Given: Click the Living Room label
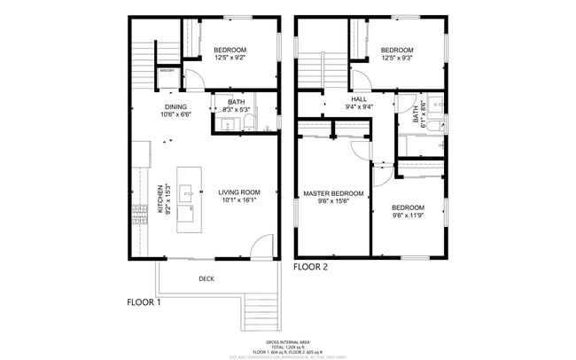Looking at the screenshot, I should [239, 192].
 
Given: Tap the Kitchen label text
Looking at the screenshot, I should [160, 199].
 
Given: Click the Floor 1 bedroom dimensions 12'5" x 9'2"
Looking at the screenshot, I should [230, 58].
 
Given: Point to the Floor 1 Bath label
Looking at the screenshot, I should [236, 102].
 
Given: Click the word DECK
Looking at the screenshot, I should [206, 278].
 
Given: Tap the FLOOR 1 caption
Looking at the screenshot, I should [144, 302].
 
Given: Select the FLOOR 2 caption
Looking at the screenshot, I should [311, 266].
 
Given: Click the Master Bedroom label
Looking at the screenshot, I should [333, 193].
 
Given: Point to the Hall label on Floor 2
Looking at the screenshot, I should [359, 99].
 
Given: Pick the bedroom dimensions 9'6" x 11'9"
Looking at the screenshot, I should [409, 215].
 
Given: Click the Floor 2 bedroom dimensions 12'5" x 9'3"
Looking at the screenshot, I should [396, 58].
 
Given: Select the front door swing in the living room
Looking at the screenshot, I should [261, 247].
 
